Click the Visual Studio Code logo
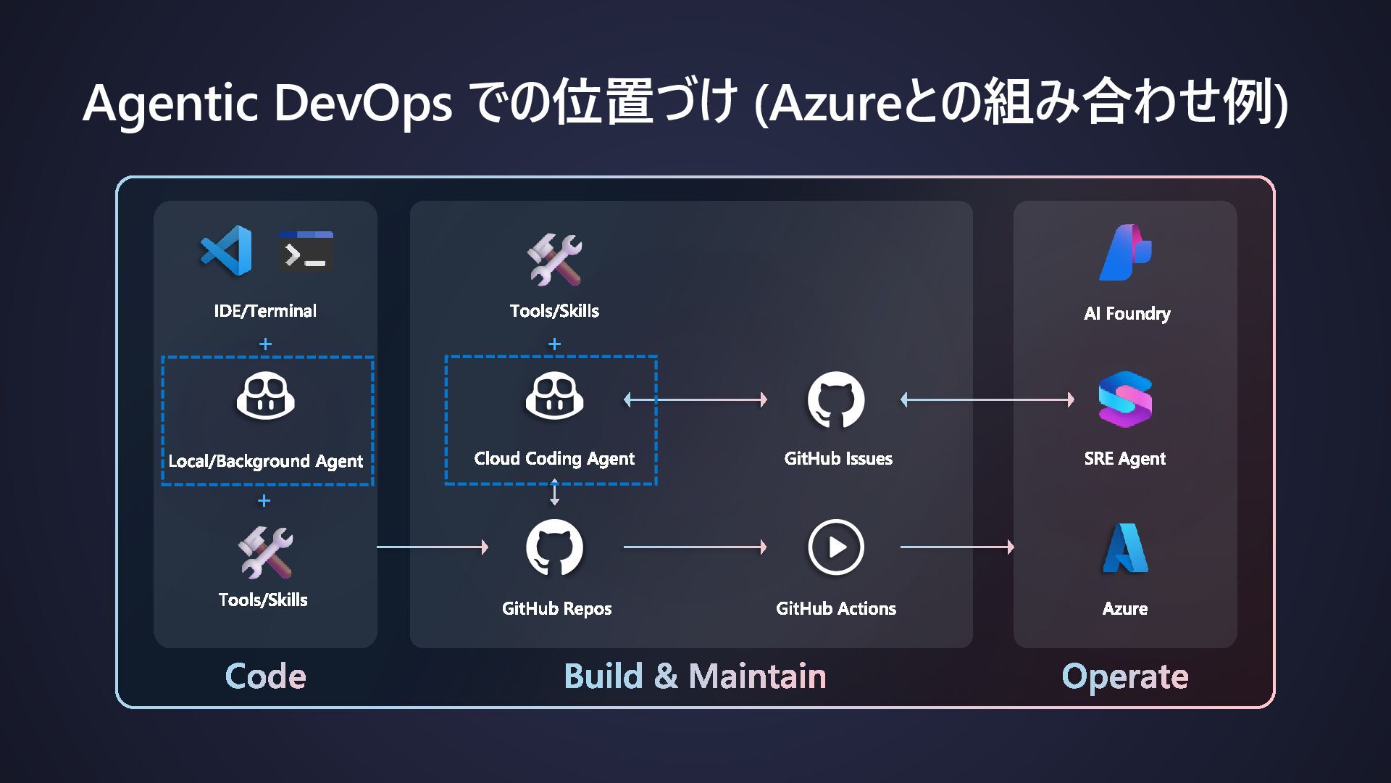pyautogui.click(x=226, y=251)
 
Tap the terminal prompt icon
pyautogui.click(x=306, y=251)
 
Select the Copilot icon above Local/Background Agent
pyautogui.click(x=265, y=396)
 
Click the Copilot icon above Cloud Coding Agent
pyautogui.click(x=554, y=396)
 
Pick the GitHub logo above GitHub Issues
pyautogui.click(x=836, y=399)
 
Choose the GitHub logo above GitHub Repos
pyautogui.click(x=554, y=547)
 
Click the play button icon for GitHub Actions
pyautogui.click(x=836, y=547)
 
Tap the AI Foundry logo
pyautogui.click(x=1125, y=252)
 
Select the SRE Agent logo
pyautogui.click(x=1125, y=399)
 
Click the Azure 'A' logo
pyautogui.click(x=1125, y=548)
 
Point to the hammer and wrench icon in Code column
pyautogui.click(x=265, y=552)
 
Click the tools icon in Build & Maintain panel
pyautogui.click(x=554, y=259)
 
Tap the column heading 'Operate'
pyautogui.click(x=1124, y=676)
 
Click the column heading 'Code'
pyautogui.click(x=265, y=676)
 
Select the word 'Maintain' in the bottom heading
pyautogui.click(x=757, y=676)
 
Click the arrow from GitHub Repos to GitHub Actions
pyautogui.click(x=695, y=547)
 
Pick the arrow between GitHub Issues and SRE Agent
pyautogui.click(x=987, y=399)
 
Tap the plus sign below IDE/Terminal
pyautogui.click(x=265, y=344)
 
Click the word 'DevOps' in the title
pyautogui.click(x=363, y=102)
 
